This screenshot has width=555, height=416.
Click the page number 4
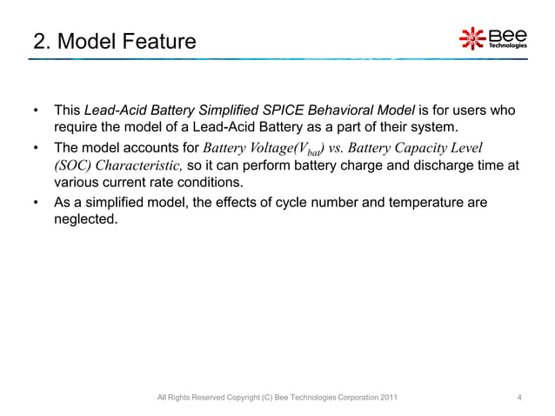[x=519, y=398]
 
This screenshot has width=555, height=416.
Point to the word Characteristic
[x=135, y=165]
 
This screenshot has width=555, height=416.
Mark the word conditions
[x=189, y=183]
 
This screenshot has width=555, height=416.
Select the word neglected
[x=84, y=219]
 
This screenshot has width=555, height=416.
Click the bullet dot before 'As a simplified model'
[x=35, y=203]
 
